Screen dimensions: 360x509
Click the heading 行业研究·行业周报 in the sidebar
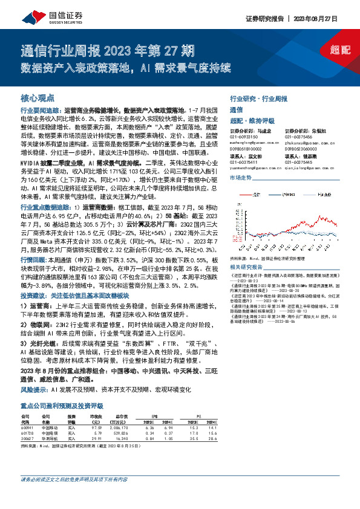pos(257,98)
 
